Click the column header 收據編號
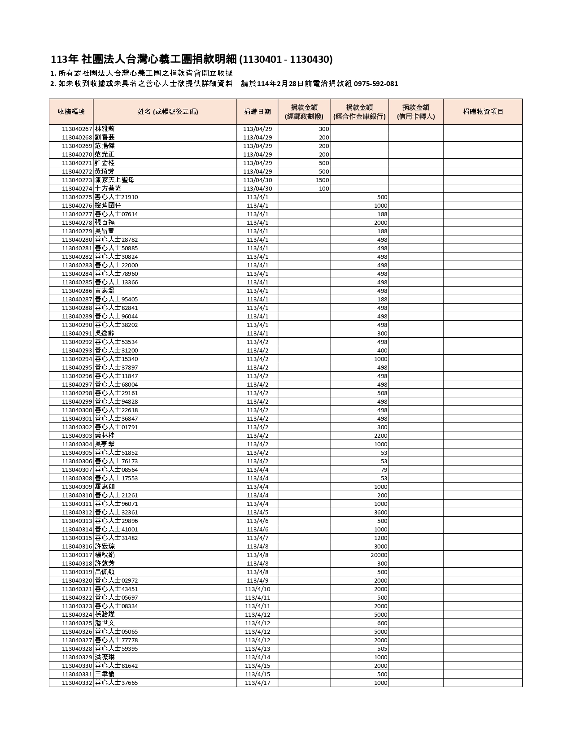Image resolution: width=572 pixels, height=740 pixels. tap(71, 112)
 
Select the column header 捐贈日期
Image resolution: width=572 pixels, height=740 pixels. tap(257, 112)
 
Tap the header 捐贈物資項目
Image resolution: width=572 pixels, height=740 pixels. tap(483, 112)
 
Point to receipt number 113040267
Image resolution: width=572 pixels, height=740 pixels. tap(77, 129)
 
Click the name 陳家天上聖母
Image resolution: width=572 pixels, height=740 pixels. tap(114, 180)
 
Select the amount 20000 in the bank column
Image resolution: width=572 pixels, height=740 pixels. tap(379, 555)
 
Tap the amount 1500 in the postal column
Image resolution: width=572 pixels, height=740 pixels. tap(322, 180)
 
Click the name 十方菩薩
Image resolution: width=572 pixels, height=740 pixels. tap(108, 188)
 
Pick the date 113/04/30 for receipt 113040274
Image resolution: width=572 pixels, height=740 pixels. tap(258, 188)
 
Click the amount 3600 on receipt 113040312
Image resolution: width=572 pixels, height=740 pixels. tap(380, 512)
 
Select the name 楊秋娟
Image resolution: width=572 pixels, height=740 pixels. tap(105, 555)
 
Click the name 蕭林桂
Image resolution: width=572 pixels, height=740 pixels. tap(105, 435)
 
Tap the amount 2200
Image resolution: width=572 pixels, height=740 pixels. tap(380, 435)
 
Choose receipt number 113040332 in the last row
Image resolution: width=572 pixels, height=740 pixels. tap(77, 683)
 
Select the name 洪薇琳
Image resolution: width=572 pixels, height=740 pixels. tap(105, 657)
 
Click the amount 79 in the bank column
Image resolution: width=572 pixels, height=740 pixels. tap(384, 470)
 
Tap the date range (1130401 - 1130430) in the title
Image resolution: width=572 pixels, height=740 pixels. tap(286, 60)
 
